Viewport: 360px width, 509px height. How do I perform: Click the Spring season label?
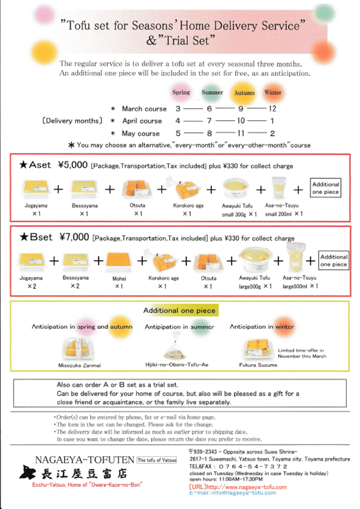181,92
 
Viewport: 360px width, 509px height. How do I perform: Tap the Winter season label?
272,92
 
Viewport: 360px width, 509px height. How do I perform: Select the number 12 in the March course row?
271,109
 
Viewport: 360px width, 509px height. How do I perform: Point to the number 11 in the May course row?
241,134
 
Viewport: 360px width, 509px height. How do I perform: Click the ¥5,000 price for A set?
72,165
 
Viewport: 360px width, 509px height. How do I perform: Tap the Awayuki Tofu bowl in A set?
234,188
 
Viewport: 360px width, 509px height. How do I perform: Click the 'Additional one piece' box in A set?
325,188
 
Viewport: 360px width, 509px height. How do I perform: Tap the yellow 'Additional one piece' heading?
179,311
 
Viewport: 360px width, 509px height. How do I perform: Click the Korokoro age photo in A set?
188,188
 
